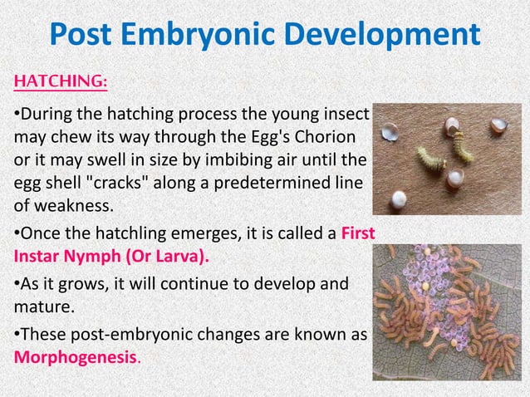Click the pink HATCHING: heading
(59, 83)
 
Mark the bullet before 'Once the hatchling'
(15, 232)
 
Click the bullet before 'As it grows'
(15, 285)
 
